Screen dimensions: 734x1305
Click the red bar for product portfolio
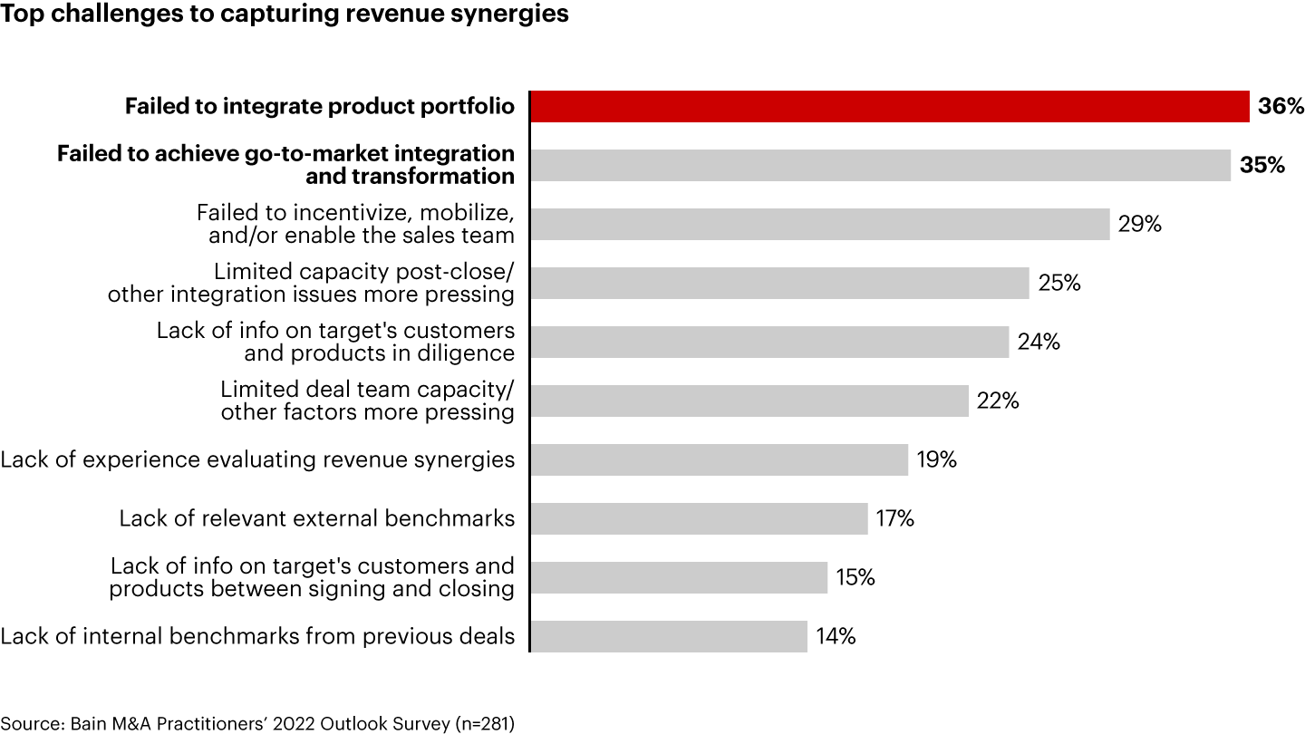tap(888, 106)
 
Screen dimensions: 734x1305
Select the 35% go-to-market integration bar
tap(879, 165)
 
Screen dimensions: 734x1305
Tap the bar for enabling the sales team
tap(819, 224)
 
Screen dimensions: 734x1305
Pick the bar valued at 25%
tap(779, 283)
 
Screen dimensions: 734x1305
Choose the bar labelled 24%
tap(768, 342)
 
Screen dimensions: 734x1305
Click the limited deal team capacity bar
tap(749, 401)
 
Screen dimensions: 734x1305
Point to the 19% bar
tap(719, 459)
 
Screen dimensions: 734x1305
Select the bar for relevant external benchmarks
tap(699, 518)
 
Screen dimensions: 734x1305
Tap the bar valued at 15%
tap(679, 577)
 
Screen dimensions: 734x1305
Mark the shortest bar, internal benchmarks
tap(669, 636)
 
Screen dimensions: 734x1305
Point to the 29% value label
tap(1140, 224)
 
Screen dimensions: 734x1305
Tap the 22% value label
tap(998, 401)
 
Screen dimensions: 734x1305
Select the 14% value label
tap(836, 636)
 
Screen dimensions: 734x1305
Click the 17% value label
tap(894, 518)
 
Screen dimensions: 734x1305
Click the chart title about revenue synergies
tap(285, 14)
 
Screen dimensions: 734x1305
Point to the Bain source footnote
tap(257, 723)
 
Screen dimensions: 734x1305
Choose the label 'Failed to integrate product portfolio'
tap(320, 106)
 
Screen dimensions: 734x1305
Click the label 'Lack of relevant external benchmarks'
tap(317, 518)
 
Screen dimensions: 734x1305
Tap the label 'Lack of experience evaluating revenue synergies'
tap(257, 459)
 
